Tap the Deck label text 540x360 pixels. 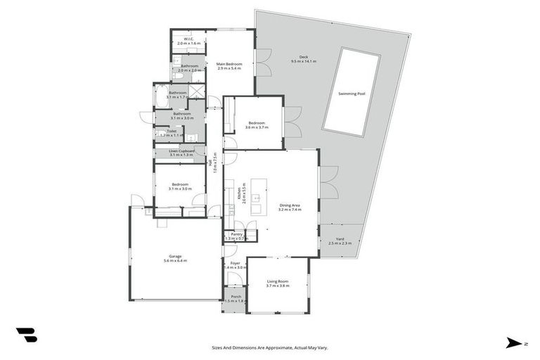[x=304, y=57]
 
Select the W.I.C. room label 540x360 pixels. [x=188, y=39]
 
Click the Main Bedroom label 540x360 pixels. [x=229, y=64]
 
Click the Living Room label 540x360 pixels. [x=277, y=281]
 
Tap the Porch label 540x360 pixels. [x=236, y=296]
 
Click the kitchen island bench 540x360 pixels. [x=257, y=197]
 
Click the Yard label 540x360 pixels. [x=340, y=238]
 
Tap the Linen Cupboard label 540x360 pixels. [x=181, y=150]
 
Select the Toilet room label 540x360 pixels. [x=172, y=131]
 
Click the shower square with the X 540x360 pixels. [x=198, y=91]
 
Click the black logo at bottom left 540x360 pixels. [x=26, y=335]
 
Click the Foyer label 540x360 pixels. [x=236, y=263]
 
